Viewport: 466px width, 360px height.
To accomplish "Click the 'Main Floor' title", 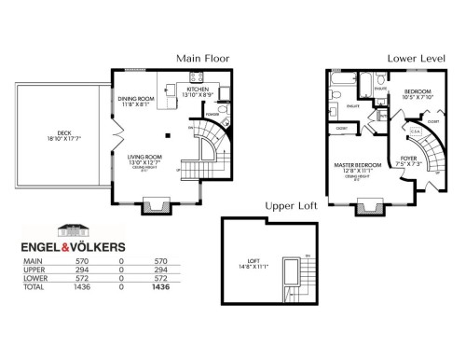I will coord(204,58).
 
